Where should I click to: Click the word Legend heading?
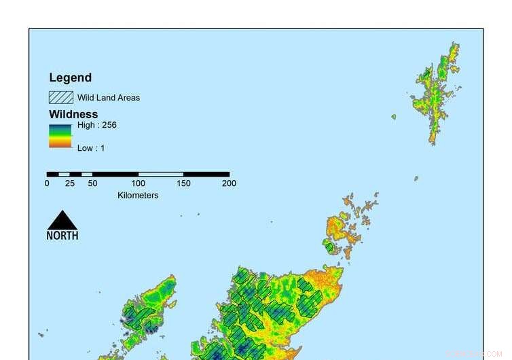pos(70,78)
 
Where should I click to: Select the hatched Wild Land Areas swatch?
pos(60,97)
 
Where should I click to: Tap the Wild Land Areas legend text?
pos(109,98)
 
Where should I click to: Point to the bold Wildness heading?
pos(73,114)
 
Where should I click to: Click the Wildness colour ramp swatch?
pos(60,136)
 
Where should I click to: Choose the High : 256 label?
pos(97,125)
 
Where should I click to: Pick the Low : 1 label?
pos(91,147)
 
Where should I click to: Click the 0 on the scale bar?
pos(47,183)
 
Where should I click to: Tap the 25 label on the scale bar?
pos(69,183)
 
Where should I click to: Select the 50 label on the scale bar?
pos(92,183)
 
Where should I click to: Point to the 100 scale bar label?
pos(139,183)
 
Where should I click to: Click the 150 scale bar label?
pos(184,183)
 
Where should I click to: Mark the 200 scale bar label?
pos(230,183)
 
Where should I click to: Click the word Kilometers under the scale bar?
pos(138,196)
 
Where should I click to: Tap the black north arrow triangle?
pos(62,221)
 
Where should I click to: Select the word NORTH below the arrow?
pos(62,236)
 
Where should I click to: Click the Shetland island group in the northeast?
pos(435,95)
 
